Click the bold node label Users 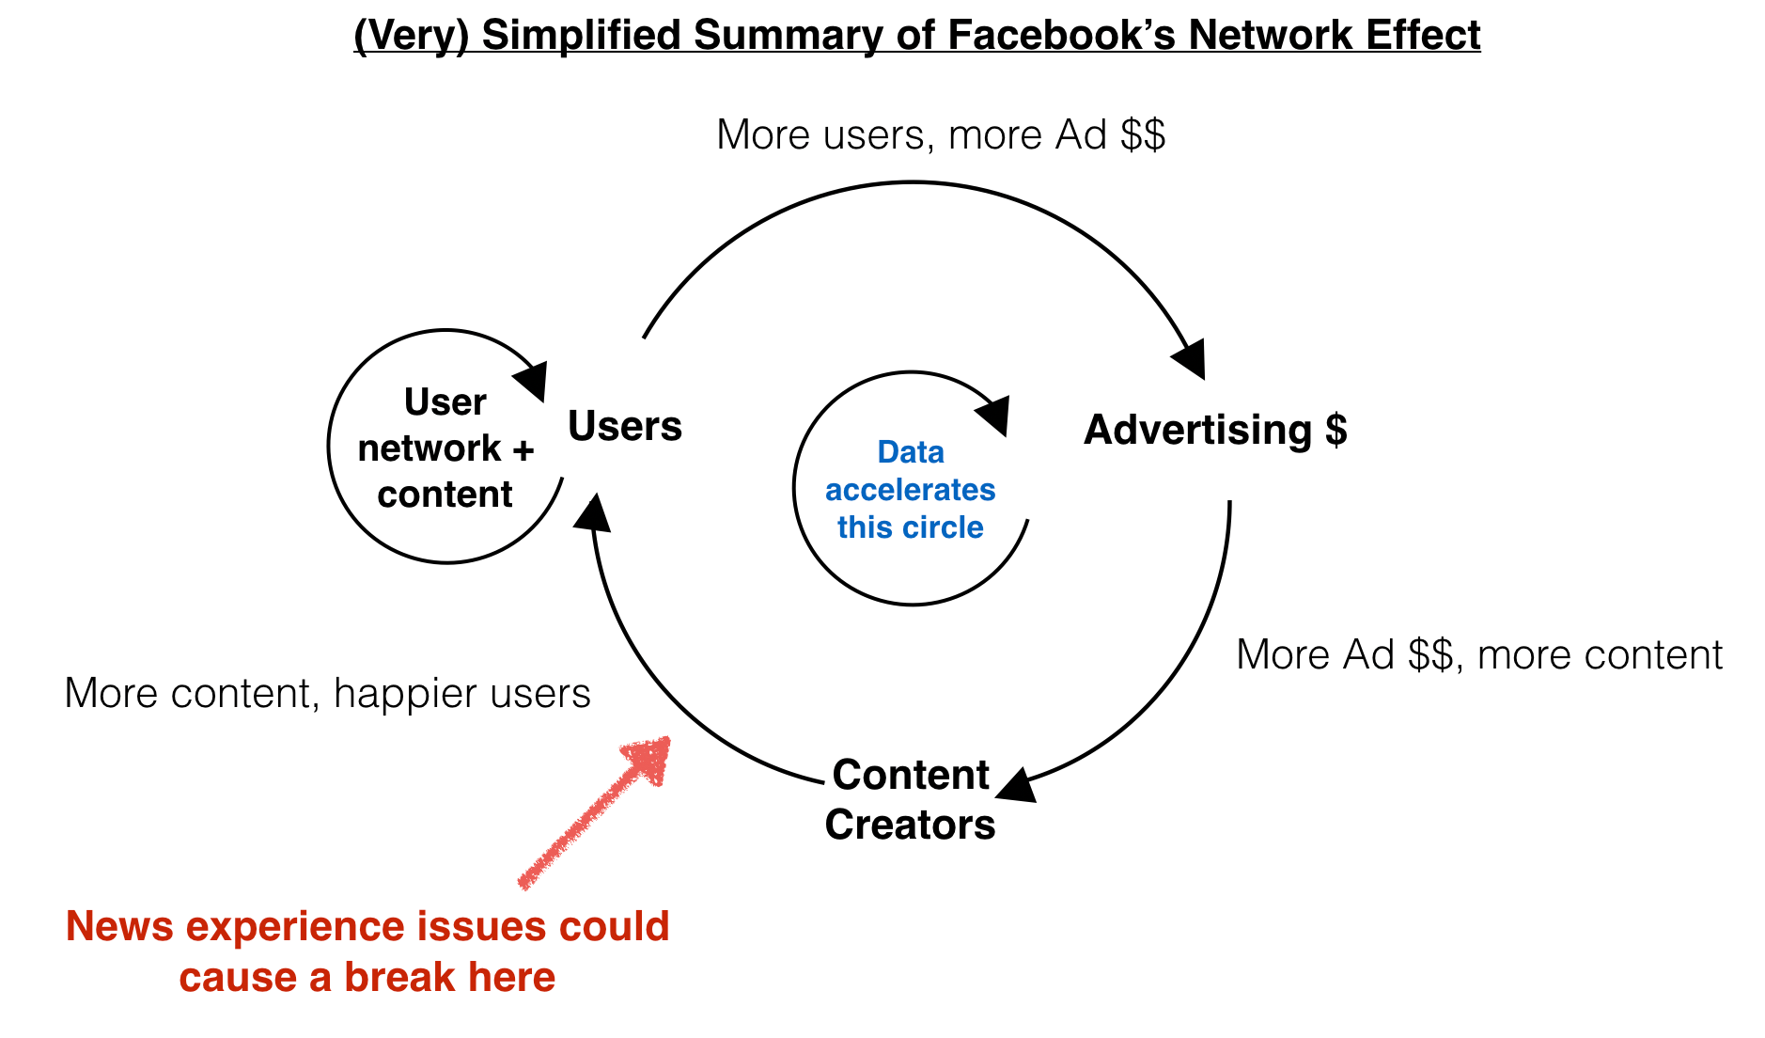click(625, 426)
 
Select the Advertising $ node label click(1215, 430)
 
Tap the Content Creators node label click(910, 799)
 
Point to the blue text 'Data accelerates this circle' click(910, 490)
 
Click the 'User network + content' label click(445, 448)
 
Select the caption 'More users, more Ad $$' click(941, 134)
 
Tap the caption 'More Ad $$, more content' click(1479, 654)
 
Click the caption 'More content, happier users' click(327, 694)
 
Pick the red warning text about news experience click(367, 951)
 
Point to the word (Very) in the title click(411, 36)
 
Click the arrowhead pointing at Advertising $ click(1191, 358)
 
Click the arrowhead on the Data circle click(993, 415)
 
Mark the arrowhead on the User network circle click(531, 381)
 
